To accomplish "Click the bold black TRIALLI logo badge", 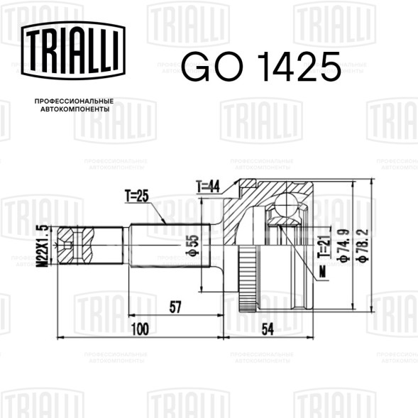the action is (x=73, y=50).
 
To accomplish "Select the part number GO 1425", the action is (x=261, y=67).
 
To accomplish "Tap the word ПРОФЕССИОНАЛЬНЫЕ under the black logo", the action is (x=74, y=101).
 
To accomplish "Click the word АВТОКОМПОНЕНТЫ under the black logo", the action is (x=75, y=109).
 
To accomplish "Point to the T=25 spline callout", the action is (x=136, y=196).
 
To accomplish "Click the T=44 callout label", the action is (x=208, y=187).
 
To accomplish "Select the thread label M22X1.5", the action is (x=43, y=246).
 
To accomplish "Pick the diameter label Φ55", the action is (x=194, y=246).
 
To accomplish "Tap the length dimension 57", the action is (x=175, y=307).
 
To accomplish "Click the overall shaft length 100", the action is (x=141, y=329).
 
